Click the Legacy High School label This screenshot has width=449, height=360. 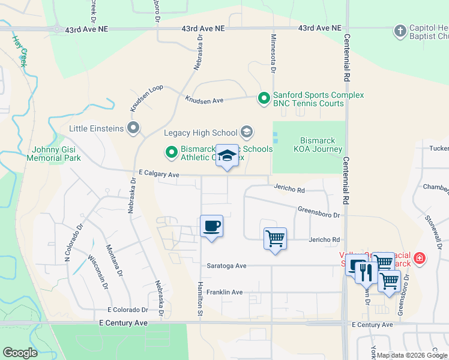(200, 132)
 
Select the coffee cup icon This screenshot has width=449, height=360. (211, 226)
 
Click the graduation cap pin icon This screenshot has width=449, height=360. (227, 156)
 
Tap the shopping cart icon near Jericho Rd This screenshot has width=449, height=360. (275, 239)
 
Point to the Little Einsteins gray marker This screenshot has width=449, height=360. (133, 128)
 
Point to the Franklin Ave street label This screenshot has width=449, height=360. (224, 292)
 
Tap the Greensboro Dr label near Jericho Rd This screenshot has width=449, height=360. (319, 212)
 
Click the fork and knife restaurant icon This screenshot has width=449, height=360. (366, 272)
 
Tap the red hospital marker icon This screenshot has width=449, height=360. (420, 259)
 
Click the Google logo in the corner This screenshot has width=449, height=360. (20, 353)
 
